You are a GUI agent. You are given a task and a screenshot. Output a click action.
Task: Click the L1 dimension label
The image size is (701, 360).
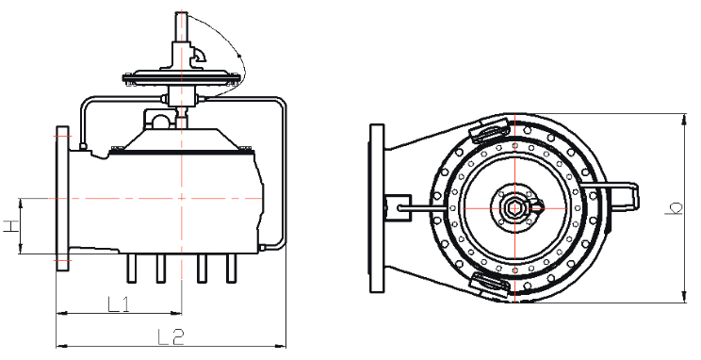pyautogui.click(x=119, y=304)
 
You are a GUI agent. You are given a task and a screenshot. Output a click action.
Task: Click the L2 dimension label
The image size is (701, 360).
pyautogui.click(x=171, y=336)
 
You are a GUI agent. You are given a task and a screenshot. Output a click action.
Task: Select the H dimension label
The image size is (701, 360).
pyautogui.click(x=11, y=226)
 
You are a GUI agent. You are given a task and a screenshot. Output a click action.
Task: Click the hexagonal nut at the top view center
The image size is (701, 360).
pyautogui.click(x=514, y=208)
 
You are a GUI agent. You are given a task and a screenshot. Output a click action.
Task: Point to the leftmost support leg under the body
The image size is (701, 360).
pyautogui.click(x=132, y=269)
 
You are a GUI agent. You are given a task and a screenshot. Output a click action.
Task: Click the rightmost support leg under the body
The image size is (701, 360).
pyautogui.click(x=231, y=269)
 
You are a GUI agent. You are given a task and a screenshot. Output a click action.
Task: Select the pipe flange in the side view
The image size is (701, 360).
pyautogui.click(x=62, y=198)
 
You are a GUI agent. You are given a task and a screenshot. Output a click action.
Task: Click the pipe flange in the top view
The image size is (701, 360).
pyautogui.click(x=377, y=208)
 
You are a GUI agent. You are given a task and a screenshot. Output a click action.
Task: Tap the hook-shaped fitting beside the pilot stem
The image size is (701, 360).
pyautogui.click(x=198, y=57)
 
